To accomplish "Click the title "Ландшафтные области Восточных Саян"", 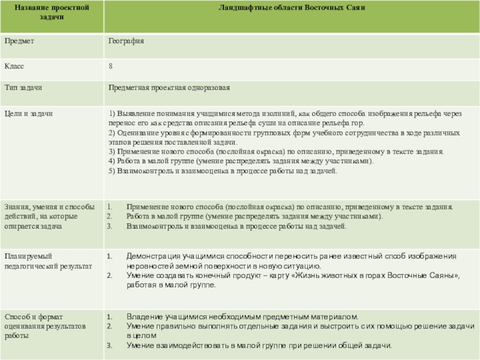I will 292,7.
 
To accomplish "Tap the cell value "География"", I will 126,41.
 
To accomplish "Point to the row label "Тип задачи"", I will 23,88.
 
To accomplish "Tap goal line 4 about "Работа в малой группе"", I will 240,161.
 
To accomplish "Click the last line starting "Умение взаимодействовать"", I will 258,346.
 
